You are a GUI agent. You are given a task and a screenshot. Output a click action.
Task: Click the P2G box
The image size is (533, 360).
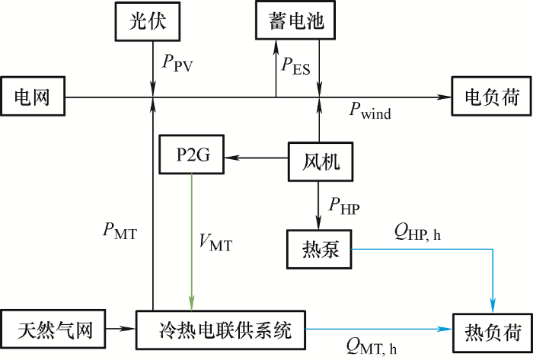coord(194,157)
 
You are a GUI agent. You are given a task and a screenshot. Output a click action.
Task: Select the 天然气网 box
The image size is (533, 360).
coord(54,330)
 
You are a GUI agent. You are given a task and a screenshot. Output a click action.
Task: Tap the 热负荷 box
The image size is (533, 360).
coord(491,332)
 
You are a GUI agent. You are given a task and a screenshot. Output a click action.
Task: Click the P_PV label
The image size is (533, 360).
coord(178,63)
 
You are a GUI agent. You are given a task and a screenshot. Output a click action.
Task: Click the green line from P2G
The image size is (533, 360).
coord(192,236)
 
